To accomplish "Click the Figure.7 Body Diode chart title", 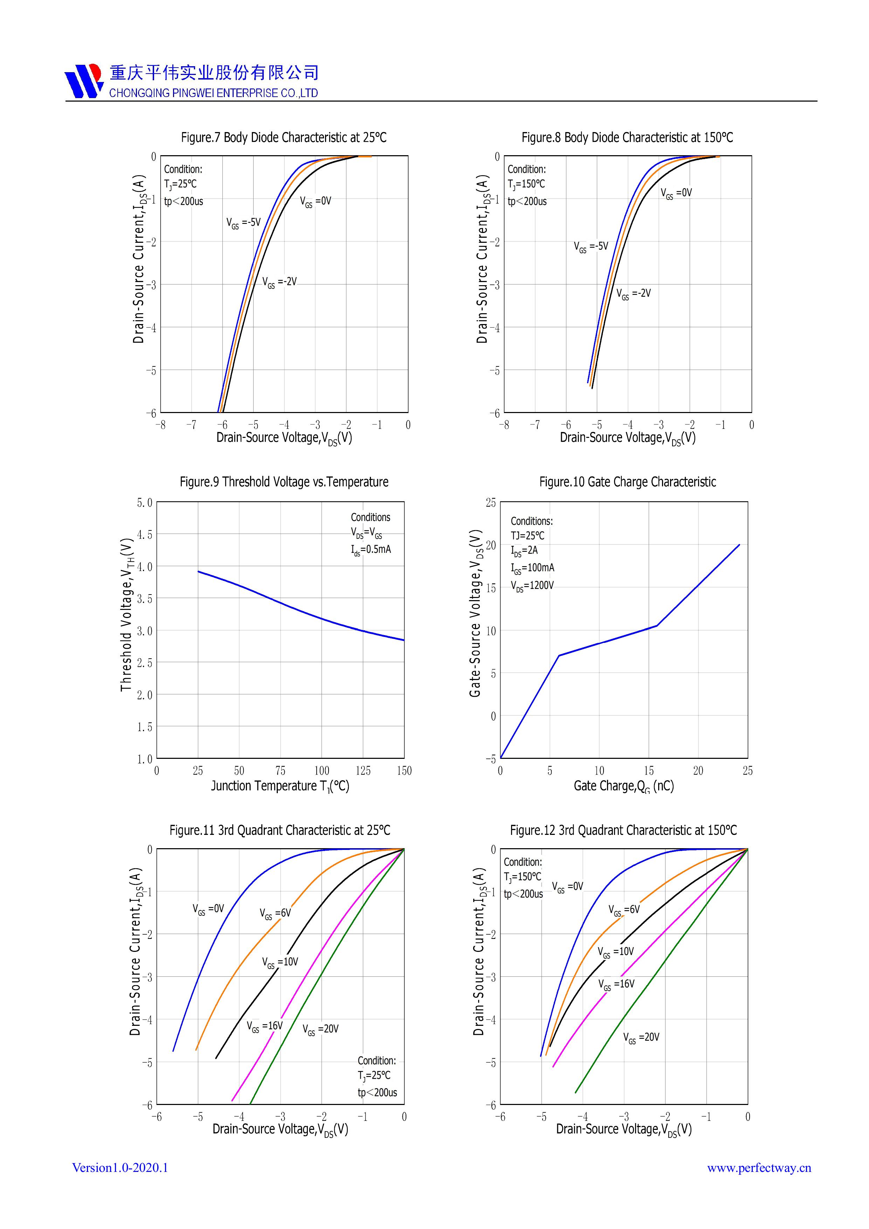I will [284, 138].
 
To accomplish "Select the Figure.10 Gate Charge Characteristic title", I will [627, 482].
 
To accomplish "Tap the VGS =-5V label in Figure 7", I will [243, 223].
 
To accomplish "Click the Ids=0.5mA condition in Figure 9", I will [371, 549].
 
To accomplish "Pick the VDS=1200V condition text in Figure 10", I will [532, 585].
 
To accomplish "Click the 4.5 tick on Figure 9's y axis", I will [144, 534].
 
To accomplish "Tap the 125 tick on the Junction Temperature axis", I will [363, 770].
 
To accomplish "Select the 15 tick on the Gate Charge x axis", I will [649, 770].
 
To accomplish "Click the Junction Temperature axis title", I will [280, 786].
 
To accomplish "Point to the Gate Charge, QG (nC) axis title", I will [623, 786].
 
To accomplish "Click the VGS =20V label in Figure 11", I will [320, 1029].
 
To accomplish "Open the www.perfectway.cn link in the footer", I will [759, 1167].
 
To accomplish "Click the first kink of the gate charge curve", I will [559, 655].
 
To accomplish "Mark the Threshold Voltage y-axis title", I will [126, 614].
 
